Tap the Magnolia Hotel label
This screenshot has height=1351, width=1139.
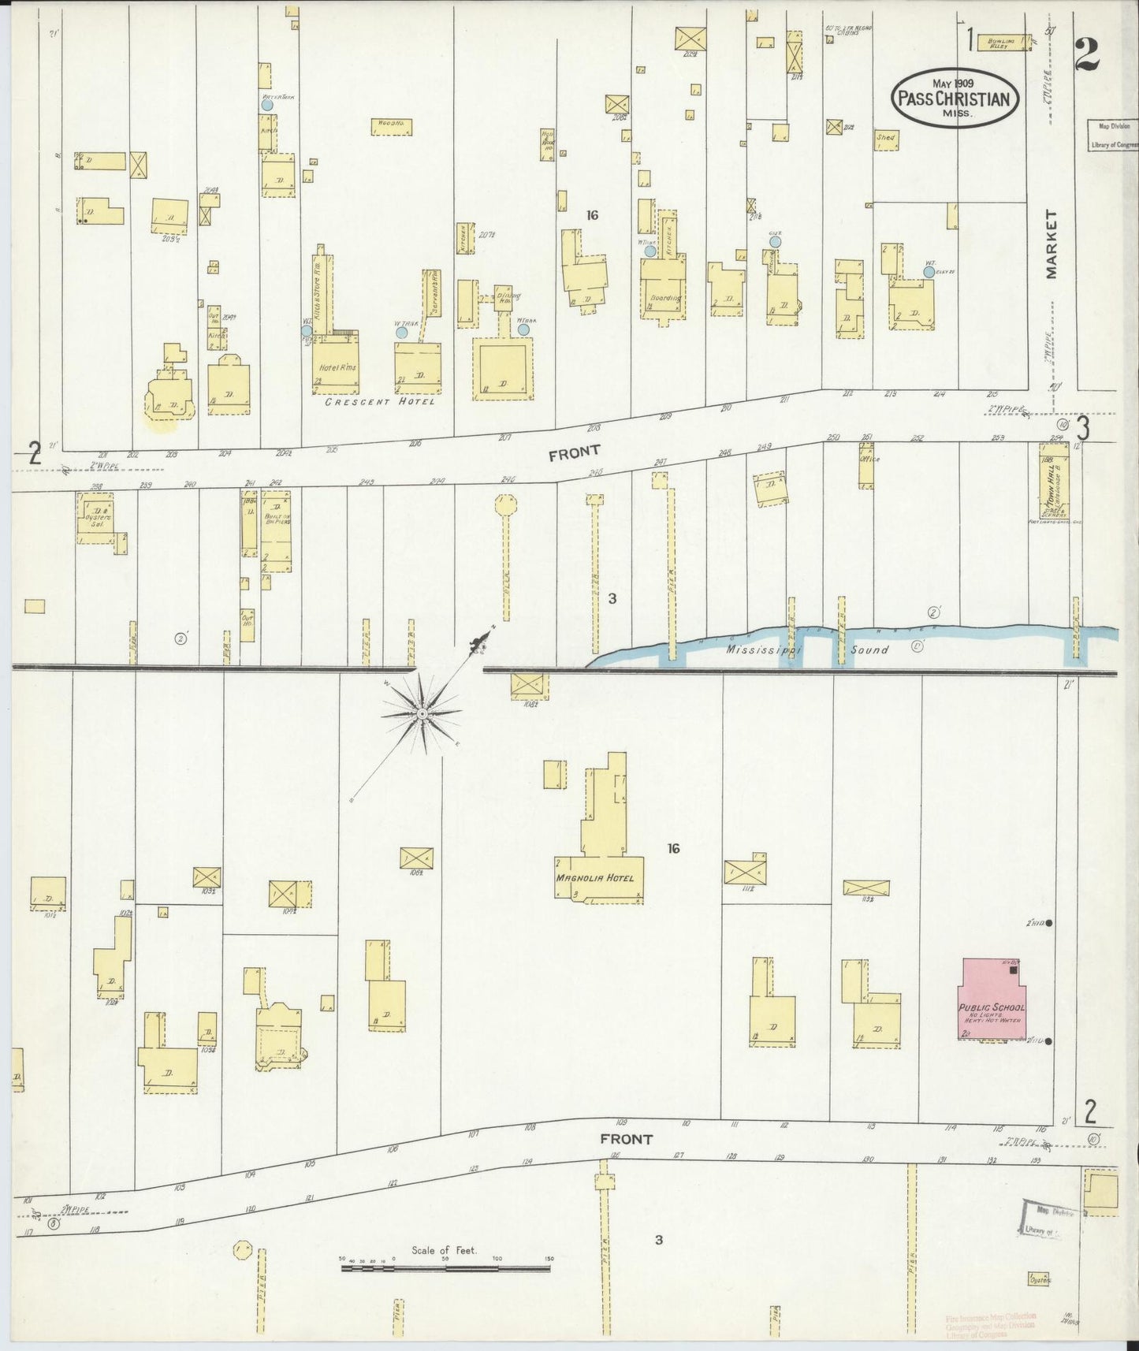click(594, 878)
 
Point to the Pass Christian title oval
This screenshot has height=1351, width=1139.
click(955, 99)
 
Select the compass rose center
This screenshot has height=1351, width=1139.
click(422, 713)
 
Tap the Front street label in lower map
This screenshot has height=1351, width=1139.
click(626, 1138)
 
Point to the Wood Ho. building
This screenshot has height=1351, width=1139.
click(391, 127)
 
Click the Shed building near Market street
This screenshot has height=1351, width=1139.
click(886, 140)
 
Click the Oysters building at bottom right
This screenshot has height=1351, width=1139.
click(1039, 1279)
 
